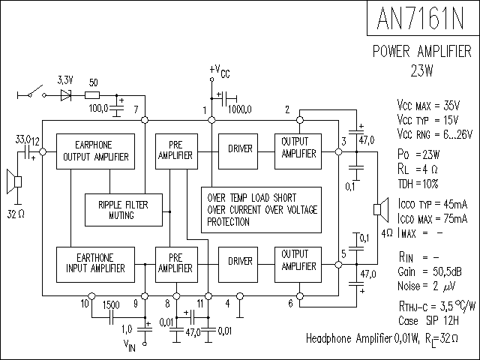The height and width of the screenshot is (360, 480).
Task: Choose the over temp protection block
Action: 260,209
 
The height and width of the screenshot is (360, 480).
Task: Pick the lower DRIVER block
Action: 240,265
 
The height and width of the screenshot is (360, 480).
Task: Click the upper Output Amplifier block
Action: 298,151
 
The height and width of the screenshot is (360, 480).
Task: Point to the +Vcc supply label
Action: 220,71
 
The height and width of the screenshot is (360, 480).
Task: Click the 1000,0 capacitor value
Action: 241,109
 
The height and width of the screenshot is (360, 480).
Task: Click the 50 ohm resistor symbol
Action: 92,95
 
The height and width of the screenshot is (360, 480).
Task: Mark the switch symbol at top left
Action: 31,94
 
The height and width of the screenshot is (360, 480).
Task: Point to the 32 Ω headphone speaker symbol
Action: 14,181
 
